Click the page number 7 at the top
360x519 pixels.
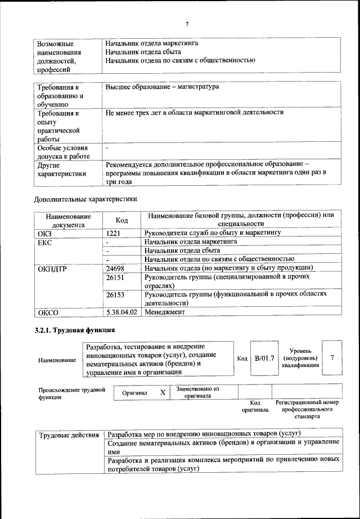[x=186, y=23]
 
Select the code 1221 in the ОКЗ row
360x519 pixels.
[x=114, y=232]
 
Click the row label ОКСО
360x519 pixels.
[x=49, y=312]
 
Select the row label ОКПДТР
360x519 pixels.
[x=53, y=269]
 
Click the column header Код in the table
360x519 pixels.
[x=122, y=220]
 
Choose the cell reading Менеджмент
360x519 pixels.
[x=165, y=311]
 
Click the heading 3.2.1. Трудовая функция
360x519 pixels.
[x=75, y=330]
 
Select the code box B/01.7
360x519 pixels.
[x=264, y=358]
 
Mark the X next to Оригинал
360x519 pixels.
[x=163, y=392]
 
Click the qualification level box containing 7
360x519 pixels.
[x=332, y=358]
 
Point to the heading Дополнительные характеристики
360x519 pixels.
[x=85, y=198]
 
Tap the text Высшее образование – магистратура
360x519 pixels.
[x=162, y=87]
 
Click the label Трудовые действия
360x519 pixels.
[x=69, y=435]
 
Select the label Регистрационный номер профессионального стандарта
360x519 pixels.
[x=307, y=410]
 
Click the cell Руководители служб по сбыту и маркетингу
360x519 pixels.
[x=213, y=232]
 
